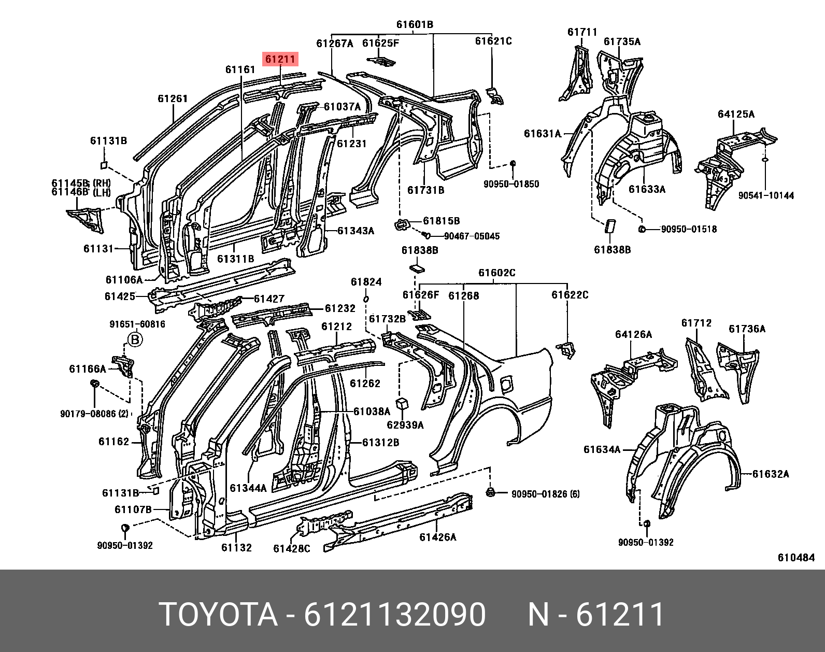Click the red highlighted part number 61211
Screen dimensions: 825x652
[x=280, y=60]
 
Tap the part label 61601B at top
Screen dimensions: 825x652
[x=415, y=24]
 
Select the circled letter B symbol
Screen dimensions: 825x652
[x=135, y=340]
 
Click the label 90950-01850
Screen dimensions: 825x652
[x=511, y=184]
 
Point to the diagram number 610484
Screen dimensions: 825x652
[x=796, y=558]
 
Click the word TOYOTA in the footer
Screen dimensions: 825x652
[x=219, y=615]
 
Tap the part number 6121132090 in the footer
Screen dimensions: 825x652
[x=395, y=615]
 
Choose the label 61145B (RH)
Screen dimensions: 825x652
[x=81, y=183]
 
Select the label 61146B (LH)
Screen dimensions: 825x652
[x=81, y=192]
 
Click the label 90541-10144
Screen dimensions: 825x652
[x=766, y=195]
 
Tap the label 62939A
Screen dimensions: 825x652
[x=405, y=425]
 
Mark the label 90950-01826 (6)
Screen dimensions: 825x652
[x=546, y=494]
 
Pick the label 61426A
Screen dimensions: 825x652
[x=438, y=537]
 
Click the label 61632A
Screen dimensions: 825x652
[x=771, y=474]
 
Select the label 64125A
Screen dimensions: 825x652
[x=736, y=115]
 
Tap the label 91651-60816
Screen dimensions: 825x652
[x=137, y=324]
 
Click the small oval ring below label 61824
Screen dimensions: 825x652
[x=366, y=299]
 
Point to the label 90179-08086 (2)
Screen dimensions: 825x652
[x=94, y=414]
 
